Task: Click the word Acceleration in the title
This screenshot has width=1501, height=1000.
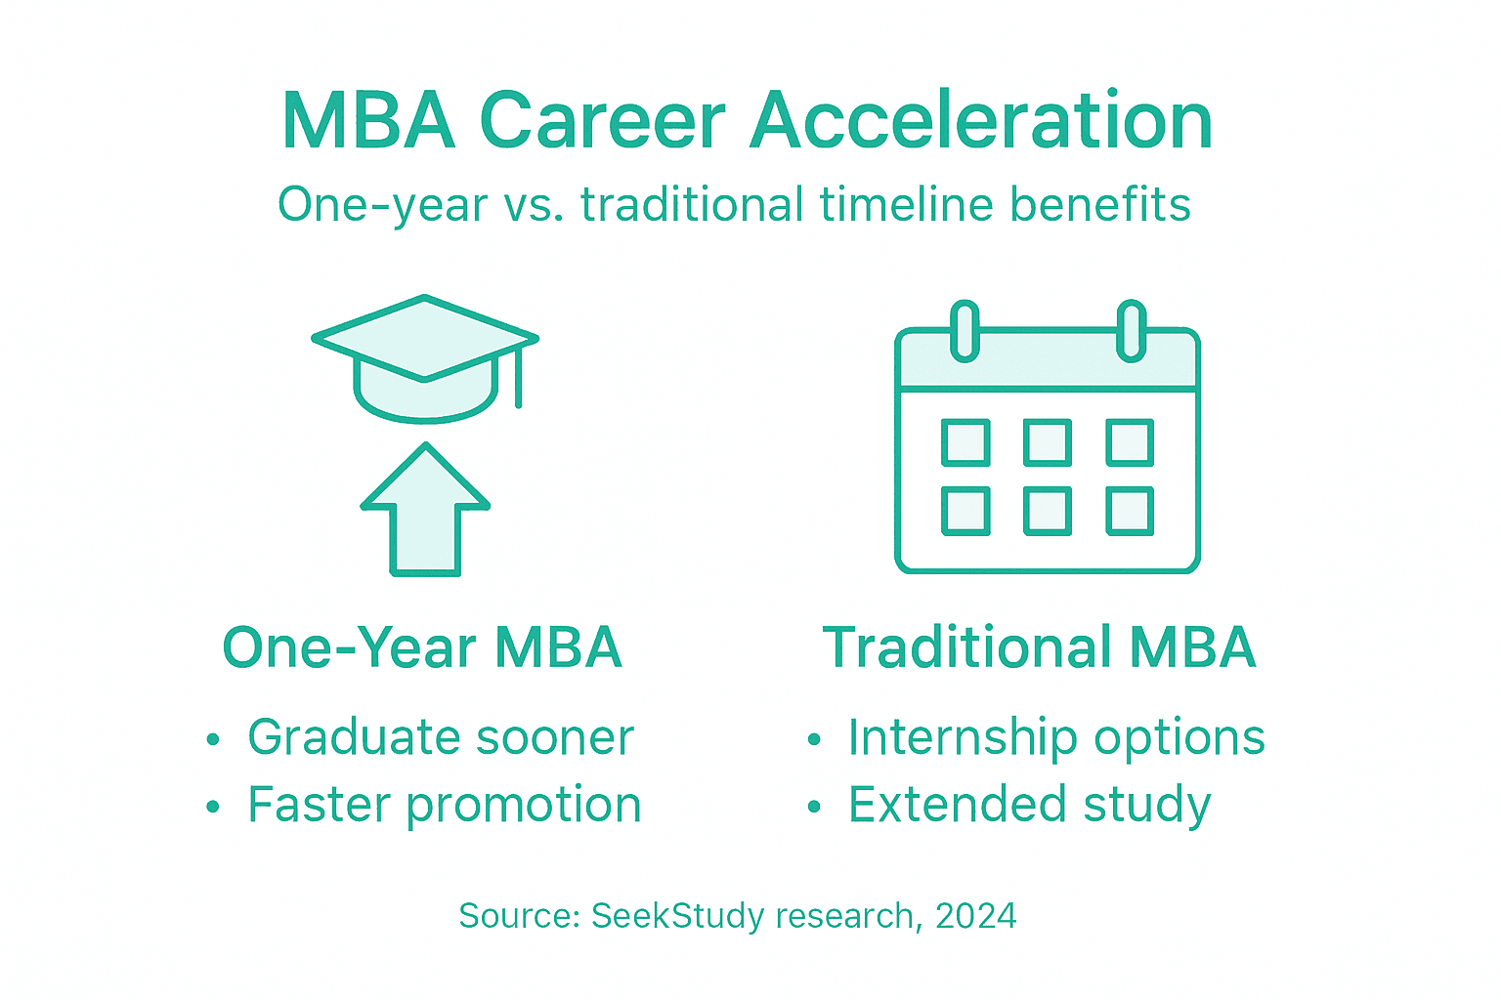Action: (x=981, y=121)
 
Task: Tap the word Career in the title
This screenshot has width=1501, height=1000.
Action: (x=602, y=121)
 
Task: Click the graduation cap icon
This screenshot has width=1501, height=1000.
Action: (x=424, y=357)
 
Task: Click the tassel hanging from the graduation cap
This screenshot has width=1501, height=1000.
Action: (x=518, y=376)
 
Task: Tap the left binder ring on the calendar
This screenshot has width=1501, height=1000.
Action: (x=965, y=331)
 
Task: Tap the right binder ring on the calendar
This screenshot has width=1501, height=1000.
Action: (x=1131, y=331)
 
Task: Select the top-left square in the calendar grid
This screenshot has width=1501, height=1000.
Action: (x=965, y=442)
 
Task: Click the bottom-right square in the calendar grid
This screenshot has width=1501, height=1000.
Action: (x=1130, y=511)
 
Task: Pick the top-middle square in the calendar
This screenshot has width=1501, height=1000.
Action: (x=1048, y=442)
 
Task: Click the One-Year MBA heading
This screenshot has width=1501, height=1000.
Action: (x=422, y=647)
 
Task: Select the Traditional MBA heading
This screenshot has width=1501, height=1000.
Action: (x=1039, y=647)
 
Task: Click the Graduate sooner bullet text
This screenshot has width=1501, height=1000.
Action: (x=440, y=737)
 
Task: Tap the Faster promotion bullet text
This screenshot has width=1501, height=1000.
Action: (x=444, y=806)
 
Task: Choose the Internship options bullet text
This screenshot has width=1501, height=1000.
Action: (x=1055, y=737)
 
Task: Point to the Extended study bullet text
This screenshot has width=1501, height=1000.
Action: (x=1029, y=806)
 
